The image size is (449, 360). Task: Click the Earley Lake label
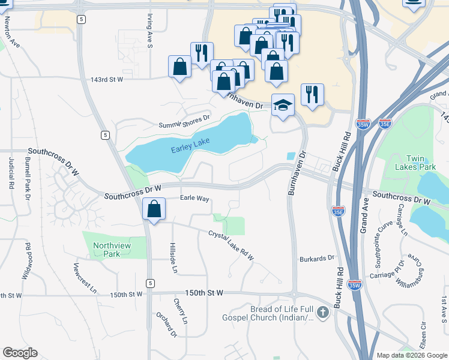(x=190, y=149)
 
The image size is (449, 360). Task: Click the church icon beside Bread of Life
(x=323, y=312)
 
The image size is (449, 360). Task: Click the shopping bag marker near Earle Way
(x=154, y=209)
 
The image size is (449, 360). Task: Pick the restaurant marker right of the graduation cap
(x=312, y=95)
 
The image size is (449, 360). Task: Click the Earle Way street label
(x=194, y=198)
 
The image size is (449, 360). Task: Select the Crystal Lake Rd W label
(x=231, y=245)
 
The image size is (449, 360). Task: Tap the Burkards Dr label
(x=316, y=258)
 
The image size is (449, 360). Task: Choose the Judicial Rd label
(x=11, y=173)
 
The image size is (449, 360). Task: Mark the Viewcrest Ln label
(x=85, y=277)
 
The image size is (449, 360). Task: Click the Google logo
(x=20, y=353)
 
